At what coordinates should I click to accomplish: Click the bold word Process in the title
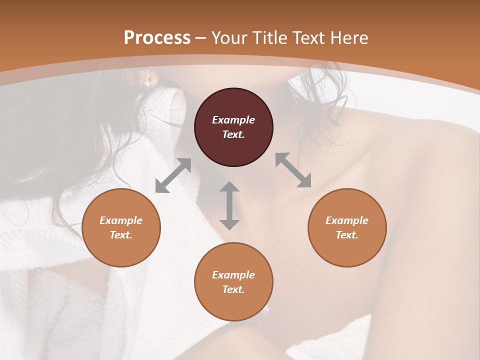[x=157, y=38]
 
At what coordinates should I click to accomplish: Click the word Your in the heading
[x=229, y=38]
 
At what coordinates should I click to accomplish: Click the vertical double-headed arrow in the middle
[x=229, y=205]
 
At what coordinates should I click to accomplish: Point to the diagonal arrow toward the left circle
[x=173, y=175]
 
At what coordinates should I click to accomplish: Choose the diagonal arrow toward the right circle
[x=293, y=170]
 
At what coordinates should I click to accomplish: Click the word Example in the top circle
[x=233, y=120]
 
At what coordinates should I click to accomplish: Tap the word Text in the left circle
[x=121, y=235]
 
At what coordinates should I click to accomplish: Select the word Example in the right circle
[x=347, y=220]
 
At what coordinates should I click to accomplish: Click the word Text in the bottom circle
[x=233, y=289]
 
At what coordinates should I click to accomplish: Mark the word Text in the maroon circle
[x=233, y=134]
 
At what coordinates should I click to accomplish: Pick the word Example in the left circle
[x=121, y=220]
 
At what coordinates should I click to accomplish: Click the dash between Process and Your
[x=201, y=38]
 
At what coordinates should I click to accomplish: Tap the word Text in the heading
[x=309, y=38]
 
